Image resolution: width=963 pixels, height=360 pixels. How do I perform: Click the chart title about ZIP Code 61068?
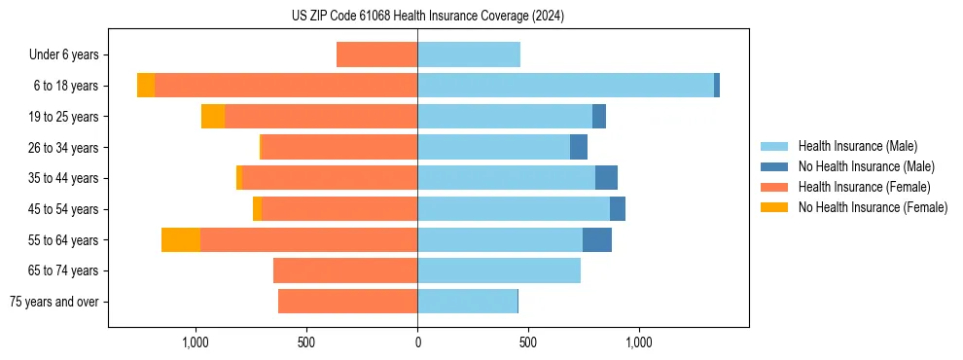pyautogui.click(x=427, y=17)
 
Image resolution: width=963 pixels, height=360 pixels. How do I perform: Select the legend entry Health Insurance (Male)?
pyautogui.click(x=857, y=146)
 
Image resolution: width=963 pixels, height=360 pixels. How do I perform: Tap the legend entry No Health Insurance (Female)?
pyautogui.click(x=873, y=207)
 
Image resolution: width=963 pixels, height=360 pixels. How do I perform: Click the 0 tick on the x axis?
pyautogui.click(x=417, y=342)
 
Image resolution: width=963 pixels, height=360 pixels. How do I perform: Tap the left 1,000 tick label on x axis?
pyautogui.click(x=196, y=342)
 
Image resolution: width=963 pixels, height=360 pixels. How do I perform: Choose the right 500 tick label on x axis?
pyautogui.click(x=528, y=342)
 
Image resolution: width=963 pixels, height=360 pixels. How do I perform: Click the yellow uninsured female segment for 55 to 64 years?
pyautogui.click(x=181, y=239)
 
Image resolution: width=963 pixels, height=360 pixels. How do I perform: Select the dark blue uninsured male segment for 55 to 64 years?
pyautogui.click(x=597, y=239)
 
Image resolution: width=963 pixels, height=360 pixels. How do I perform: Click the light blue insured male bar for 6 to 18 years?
pyautogui.click(x=565, y=86)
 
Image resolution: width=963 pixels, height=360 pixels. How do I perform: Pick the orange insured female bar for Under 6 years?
pyautogui.click(x=377, y=54)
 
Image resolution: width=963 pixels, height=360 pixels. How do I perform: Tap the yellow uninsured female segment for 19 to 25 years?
pyautogui.click(x=213, y=117)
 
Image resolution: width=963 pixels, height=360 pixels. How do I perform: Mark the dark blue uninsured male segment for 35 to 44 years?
pyautogui.click(x=606, y=178)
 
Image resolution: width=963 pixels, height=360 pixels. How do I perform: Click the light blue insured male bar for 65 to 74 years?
pyautogui.click(x=499, y=270)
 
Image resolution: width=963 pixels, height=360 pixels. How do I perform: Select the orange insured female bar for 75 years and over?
pyautogui.click(x=347, y=302)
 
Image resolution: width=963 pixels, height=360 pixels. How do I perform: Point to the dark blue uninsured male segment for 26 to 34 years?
pyautogui.click(x=579, y=147)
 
